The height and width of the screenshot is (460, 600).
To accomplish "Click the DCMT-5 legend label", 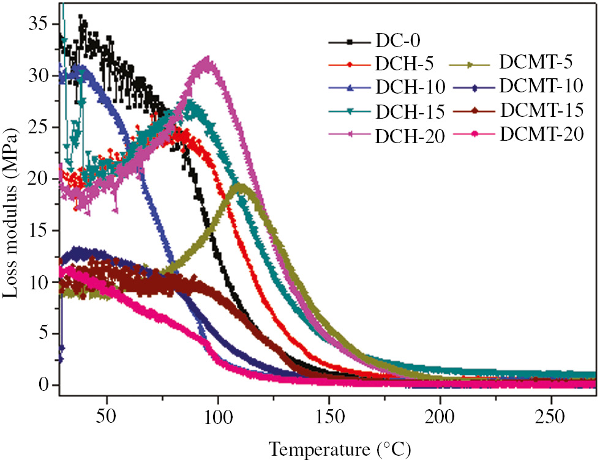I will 531,62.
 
